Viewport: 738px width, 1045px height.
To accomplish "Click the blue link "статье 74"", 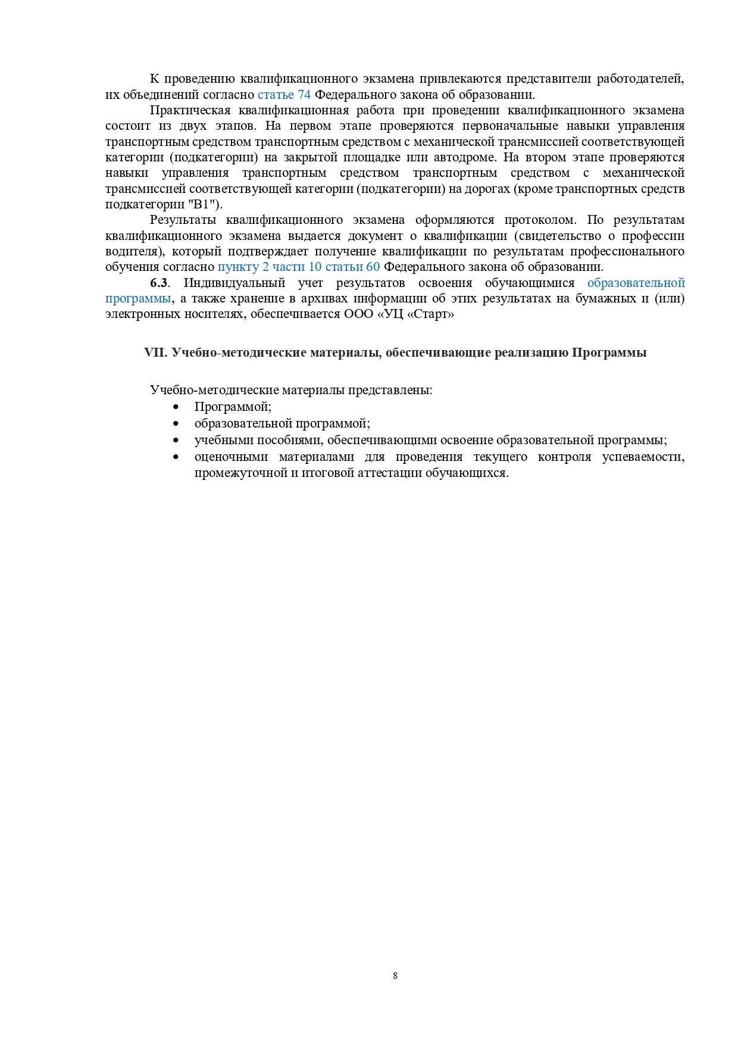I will pyautogui.click(x=284, y=95).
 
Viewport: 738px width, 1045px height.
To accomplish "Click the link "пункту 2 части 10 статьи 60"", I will pyautogui.click(x=298, y=267).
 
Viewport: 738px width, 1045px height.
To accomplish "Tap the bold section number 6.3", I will pyautogui.click(x=159, y=283).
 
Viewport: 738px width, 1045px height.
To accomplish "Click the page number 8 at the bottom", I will pyautogui.click(x=395, y=975).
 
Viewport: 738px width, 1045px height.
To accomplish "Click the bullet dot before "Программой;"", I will pyautogui.click(x=176, y=407).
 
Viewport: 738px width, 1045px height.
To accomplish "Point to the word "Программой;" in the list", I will pyautogui.click(x=233, y=407).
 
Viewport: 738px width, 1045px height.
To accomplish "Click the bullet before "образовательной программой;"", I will pyautogui.click(x=176, y=423).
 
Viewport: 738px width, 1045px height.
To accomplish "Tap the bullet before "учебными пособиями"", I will pyautogui.click(x=176, y=440).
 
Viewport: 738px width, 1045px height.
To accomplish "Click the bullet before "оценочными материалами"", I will pyautogui.click(x=176, y=457).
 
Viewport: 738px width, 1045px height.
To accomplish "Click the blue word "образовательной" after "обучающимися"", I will pyautogui.click(x=636, y=283).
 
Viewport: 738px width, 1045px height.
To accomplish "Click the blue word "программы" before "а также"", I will pyautogui.click(x=138, y=298).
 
